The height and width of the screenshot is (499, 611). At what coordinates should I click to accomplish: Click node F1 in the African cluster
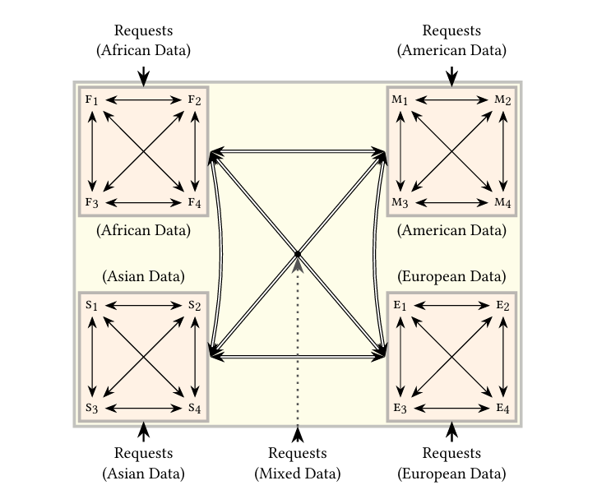(x=91, y=100)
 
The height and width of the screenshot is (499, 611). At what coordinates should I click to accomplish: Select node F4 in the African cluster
(x=195, y=203)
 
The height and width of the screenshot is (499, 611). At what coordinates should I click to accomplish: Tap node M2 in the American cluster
(x=503, y=100)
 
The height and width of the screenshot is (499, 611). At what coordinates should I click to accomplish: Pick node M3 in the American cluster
(x=400, y=203)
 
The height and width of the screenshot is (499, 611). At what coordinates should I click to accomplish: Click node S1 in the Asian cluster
(x=91, y=306)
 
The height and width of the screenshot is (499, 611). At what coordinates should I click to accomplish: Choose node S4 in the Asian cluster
(x=195, y=409)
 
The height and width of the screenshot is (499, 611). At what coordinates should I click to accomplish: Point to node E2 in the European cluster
(x=503, y=306)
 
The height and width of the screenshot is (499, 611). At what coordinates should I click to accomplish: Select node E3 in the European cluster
(x=400, y=409)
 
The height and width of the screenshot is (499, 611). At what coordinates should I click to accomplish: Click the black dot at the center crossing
(x=298, y=254)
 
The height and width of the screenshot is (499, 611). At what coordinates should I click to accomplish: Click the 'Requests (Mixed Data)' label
(x=298, y=464)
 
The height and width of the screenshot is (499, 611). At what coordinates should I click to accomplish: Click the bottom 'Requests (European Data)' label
(x=451, y=464)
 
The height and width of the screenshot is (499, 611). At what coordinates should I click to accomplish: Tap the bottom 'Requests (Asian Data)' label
(x=143, y=464)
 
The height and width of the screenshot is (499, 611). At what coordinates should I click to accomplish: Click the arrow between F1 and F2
(x=143, y=100)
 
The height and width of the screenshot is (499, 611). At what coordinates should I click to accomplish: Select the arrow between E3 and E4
(x=451, y=409)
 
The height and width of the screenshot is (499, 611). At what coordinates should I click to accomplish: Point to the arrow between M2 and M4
(x=503, y=151)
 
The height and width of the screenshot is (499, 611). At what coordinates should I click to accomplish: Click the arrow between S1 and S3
(x=91, y=357)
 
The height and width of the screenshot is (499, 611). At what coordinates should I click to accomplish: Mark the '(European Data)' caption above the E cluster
(x=451, y=276)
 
